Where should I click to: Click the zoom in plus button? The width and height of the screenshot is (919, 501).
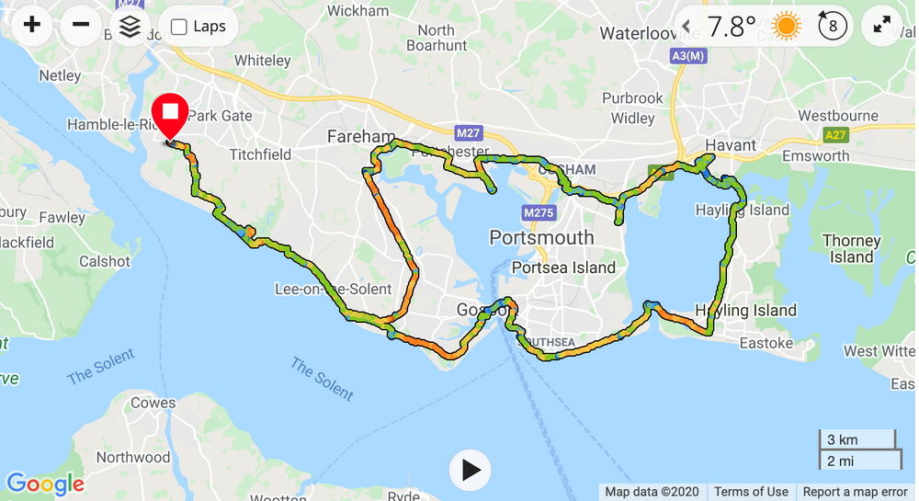point(32,25)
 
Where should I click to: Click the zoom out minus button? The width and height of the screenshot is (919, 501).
point(81,25)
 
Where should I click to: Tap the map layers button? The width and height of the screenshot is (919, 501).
point(130,26)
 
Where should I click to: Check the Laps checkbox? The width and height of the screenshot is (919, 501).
point(180,27)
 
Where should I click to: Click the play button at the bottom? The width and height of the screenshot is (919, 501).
point(471,470)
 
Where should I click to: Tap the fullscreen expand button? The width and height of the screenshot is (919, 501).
point(882,26)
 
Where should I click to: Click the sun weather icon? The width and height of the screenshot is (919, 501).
point(787,26)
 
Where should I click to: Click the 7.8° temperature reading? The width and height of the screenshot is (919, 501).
point(731,27)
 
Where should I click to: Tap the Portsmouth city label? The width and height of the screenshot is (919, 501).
point(541,238)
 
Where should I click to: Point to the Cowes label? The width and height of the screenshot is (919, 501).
point(153,403)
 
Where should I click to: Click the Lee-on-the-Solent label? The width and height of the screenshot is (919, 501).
point(334,289)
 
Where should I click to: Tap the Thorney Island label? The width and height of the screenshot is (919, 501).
point(851,249)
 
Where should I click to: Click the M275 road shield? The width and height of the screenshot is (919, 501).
point(539,213)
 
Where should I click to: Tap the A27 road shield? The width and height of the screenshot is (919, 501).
point(835,135)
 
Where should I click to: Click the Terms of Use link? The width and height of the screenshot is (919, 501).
point(751,492)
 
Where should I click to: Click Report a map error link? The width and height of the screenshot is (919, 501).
point(855,492)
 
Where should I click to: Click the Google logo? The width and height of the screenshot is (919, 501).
point(45,484)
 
